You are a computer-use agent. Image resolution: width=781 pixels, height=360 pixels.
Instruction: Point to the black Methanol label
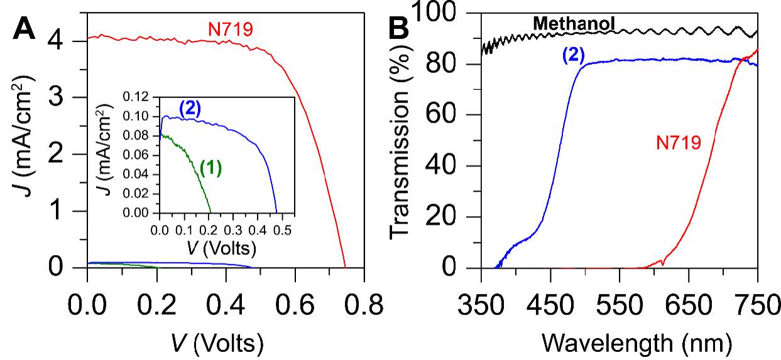[573, 24]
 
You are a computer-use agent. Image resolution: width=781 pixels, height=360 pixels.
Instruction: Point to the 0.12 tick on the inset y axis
[138, 98]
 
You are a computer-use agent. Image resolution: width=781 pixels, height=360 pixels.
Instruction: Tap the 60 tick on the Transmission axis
[454, 115]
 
